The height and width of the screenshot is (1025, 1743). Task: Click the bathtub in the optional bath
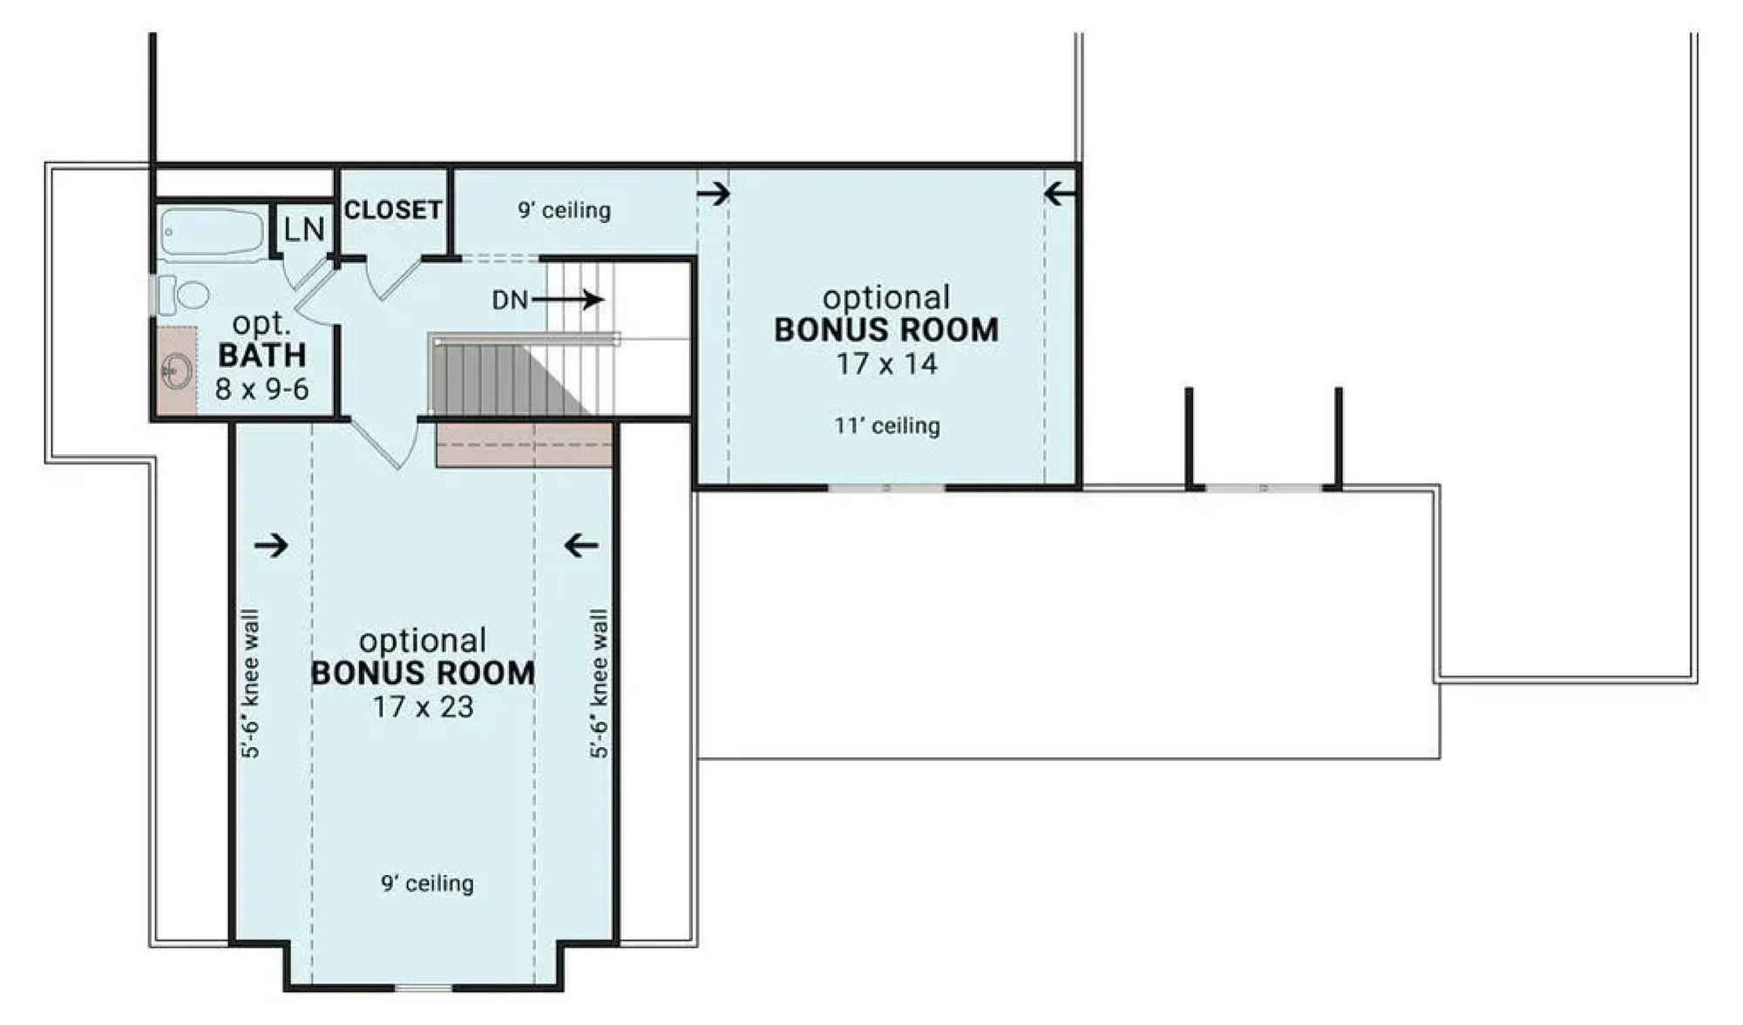(x=213, y=234)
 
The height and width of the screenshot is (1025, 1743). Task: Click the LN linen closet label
(x=304, y=229)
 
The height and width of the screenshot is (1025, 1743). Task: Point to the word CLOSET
(x=393, y=210)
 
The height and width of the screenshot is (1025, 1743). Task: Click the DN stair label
(x=510, y=301)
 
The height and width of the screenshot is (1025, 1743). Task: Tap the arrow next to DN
(x=567, y=300)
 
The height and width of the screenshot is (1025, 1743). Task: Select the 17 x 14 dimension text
(x=886, y=363)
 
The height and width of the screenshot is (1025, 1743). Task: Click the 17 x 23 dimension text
(x=423, y=707)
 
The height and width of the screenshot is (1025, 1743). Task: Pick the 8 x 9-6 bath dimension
(x=262, y=390)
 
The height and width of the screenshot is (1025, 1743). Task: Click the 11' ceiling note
(x=887, y=426)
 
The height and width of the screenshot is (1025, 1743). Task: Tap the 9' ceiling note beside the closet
(x=564, y=210)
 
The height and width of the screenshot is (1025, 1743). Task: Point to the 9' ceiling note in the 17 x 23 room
(x=427, y=884)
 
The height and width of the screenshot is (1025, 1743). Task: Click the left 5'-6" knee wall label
(x=250, y=684)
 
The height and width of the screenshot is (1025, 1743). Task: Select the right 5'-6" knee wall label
(x=600, y=684)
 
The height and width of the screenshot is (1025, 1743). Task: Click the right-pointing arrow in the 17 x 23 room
(x=271, y=546)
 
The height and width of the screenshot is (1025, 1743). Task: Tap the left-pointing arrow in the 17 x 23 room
(x=581, y=546)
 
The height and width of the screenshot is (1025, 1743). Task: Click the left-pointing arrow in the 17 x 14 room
(x=1060, y=193)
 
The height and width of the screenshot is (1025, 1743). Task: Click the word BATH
(x=262, y=356)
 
